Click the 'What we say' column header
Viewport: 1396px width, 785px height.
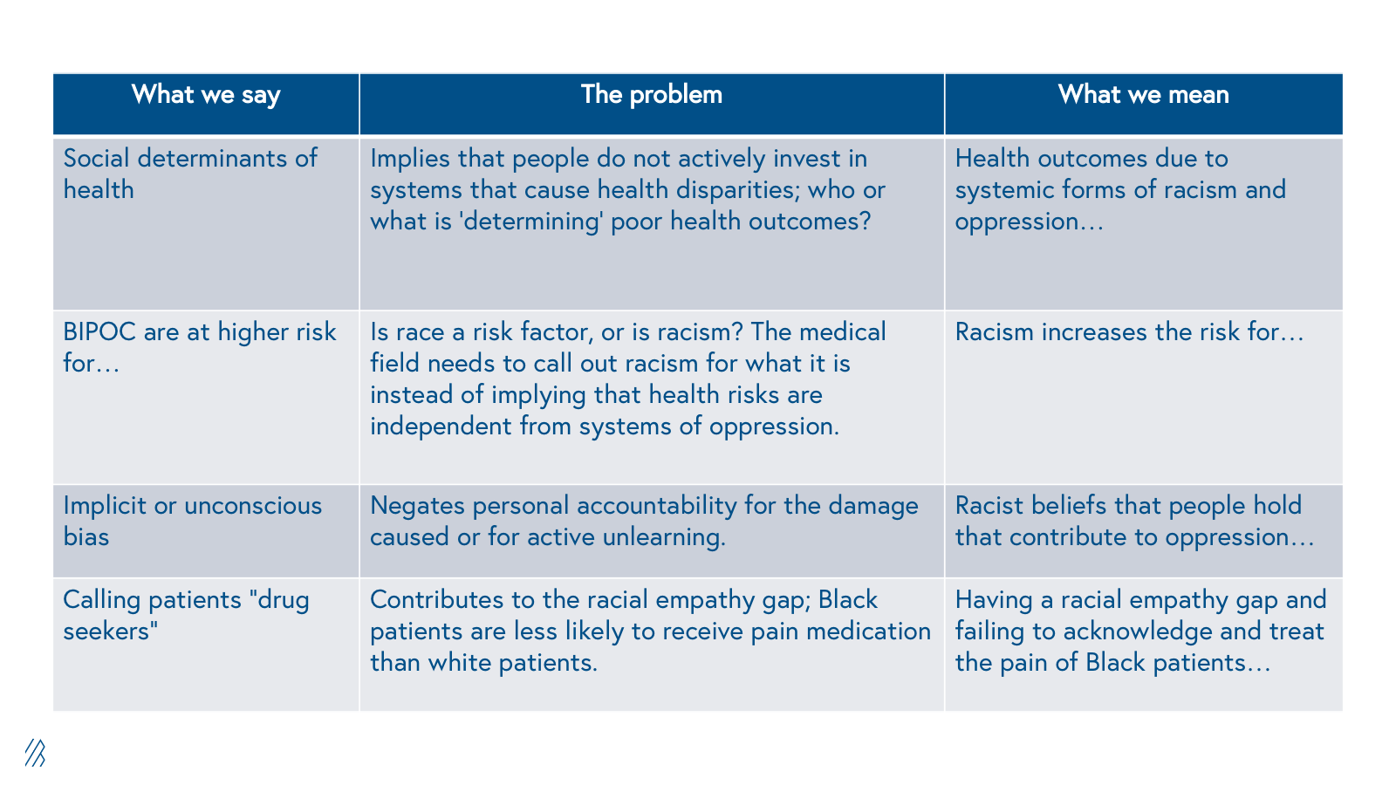pyautogui.click(x=206, y=95)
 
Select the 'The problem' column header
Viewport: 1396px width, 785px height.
pyautogui.click(x=651, y=95)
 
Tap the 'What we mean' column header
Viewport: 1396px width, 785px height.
pyautogui.click(x=1143, y=95)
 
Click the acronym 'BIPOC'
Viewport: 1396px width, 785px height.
pyautogui.click(x=99, y=332)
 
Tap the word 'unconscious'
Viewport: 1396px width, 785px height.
pyautogui.click(x=253, y=506)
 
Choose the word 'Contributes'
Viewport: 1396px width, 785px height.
pyautogui.click(x=437, y=600)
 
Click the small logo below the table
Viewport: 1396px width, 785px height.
pyautogui.click(x=35, y=753)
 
